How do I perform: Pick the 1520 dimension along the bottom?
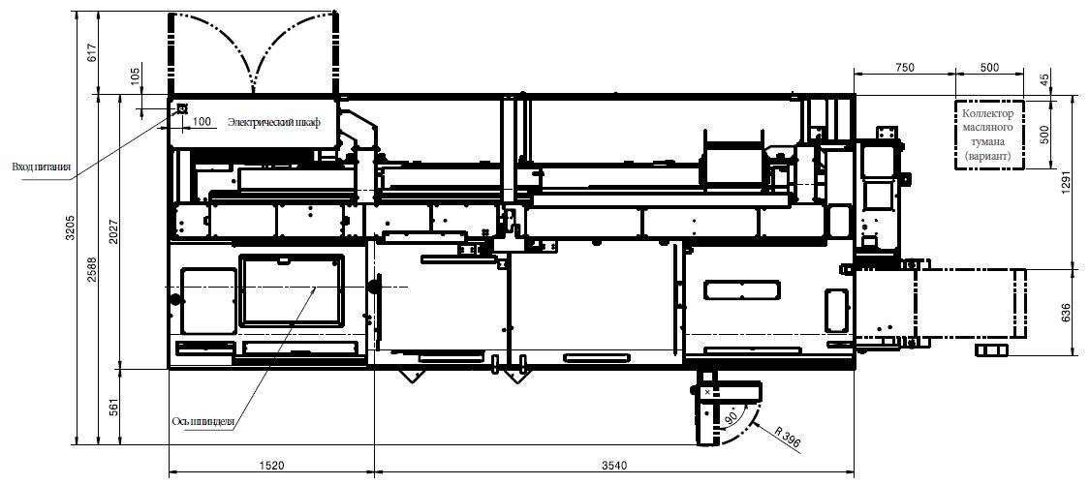pyautogui.click(x=271, y=465)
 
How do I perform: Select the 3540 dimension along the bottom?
pyautogui.click(x=614, y=465)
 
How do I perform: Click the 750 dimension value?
pyautogui.click(x=904, y=68)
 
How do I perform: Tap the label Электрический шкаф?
pyautogui.click(x=274, y=122)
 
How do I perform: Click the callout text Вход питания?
pyautogui.click(x=43, y=167)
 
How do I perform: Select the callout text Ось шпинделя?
pyautogui.click(x=204, y=422)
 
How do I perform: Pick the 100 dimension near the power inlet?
pyautogui.click(x=202, y=122)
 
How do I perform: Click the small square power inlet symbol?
pyautogui.click(x=182, y=108)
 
